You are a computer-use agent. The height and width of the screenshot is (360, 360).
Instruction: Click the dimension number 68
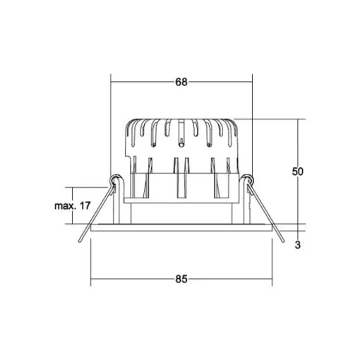181,82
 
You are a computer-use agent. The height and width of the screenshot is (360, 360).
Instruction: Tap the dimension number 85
181,279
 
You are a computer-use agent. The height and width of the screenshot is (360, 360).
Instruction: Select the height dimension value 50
298,172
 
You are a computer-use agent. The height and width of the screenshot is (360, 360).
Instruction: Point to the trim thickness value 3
298,245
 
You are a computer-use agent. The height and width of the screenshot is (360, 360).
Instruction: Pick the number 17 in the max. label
85,206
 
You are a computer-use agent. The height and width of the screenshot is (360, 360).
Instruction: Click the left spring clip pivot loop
114,180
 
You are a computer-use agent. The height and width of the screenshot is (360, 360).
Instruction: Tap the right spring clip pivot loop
248,180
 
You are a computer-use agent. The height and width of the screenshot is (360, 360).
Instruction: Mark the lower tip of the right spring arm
283,241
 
